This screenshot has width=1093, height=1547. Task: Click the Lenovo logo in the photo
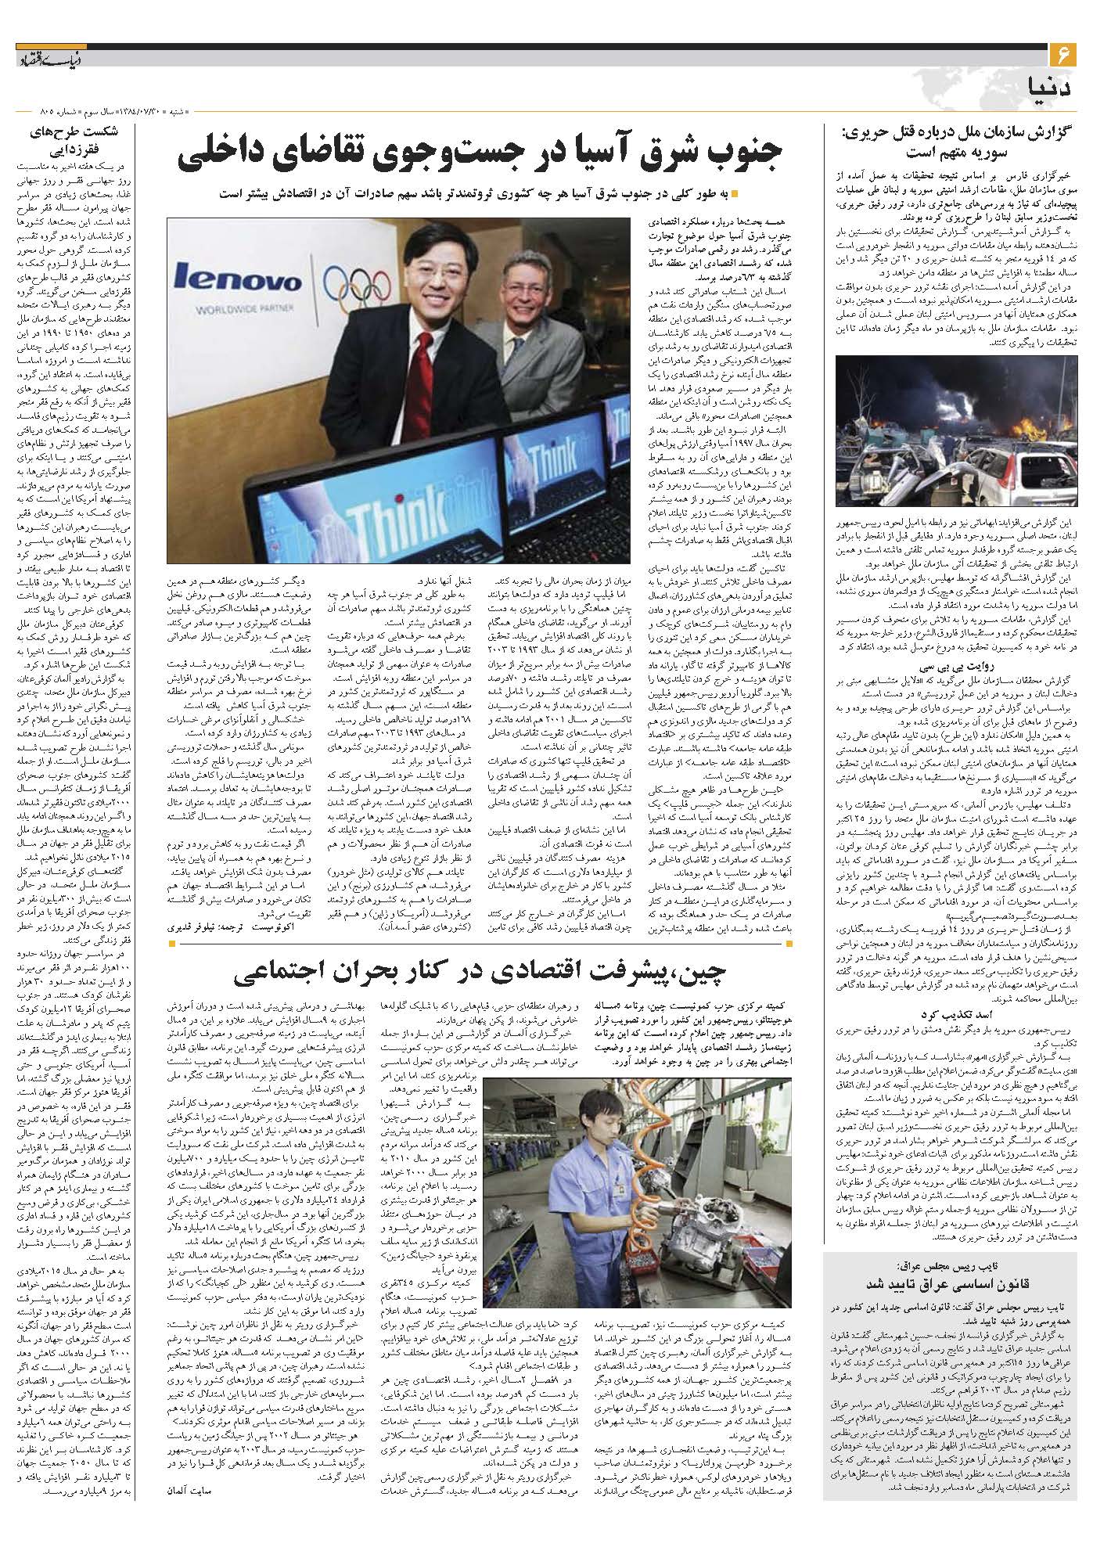(238, 279)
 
